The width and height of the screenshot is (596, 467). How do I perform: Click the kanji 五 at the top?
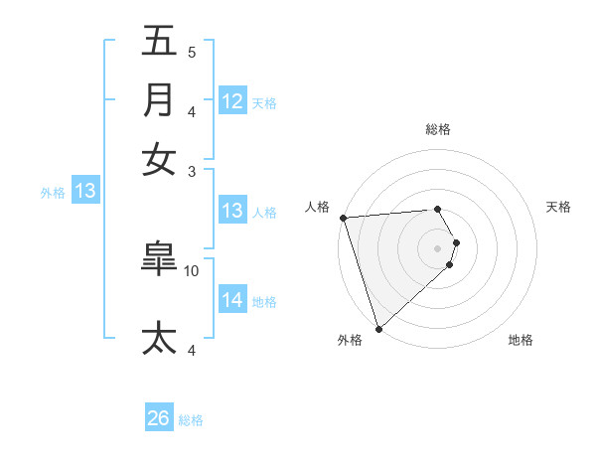(159, 43)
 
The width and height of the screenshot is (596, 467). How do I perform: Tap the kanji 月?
(159, 100)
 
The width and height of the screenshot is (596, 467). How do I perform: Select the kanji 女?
(159, 159)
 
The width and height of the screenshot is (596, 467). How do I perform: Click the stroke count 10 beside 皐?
(192, 270)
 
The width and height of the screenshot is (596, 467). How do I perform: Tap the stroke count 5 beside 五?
(191, 53)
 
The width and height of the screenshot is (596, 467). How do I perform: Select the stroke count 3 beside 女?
(191, 171)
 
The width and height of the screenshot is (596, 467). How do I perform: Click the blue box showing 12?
(232, 101)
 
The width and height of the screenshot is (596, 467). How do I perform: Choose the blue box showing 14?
(232, 300)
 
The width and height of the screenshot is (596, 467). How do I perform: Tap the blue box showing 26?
(159, 418)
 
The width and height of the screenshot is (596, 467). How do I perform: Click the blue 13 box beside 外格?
(85, 192)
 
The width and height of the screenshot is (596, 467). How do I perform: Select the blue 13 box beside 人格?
(232, 211)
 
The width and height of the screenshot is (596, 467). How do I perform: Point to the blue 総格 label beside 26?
(191, 420)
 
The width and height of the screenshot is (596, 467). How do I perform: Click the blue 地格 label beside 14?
(264, 302)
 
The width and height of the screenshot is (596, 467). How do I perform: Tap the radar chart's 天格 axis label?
(559, 207)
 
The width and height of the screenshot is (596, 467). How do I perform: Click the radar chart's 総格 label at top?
(438, 129)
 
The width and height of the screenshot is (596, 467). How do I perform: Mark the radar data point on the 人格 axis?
(343, 218)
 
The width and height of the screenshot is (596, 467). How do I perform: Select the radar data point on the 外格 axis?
(378, 328)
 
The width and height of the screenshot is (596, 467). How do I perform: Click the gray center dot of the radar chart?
(438, 247)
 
